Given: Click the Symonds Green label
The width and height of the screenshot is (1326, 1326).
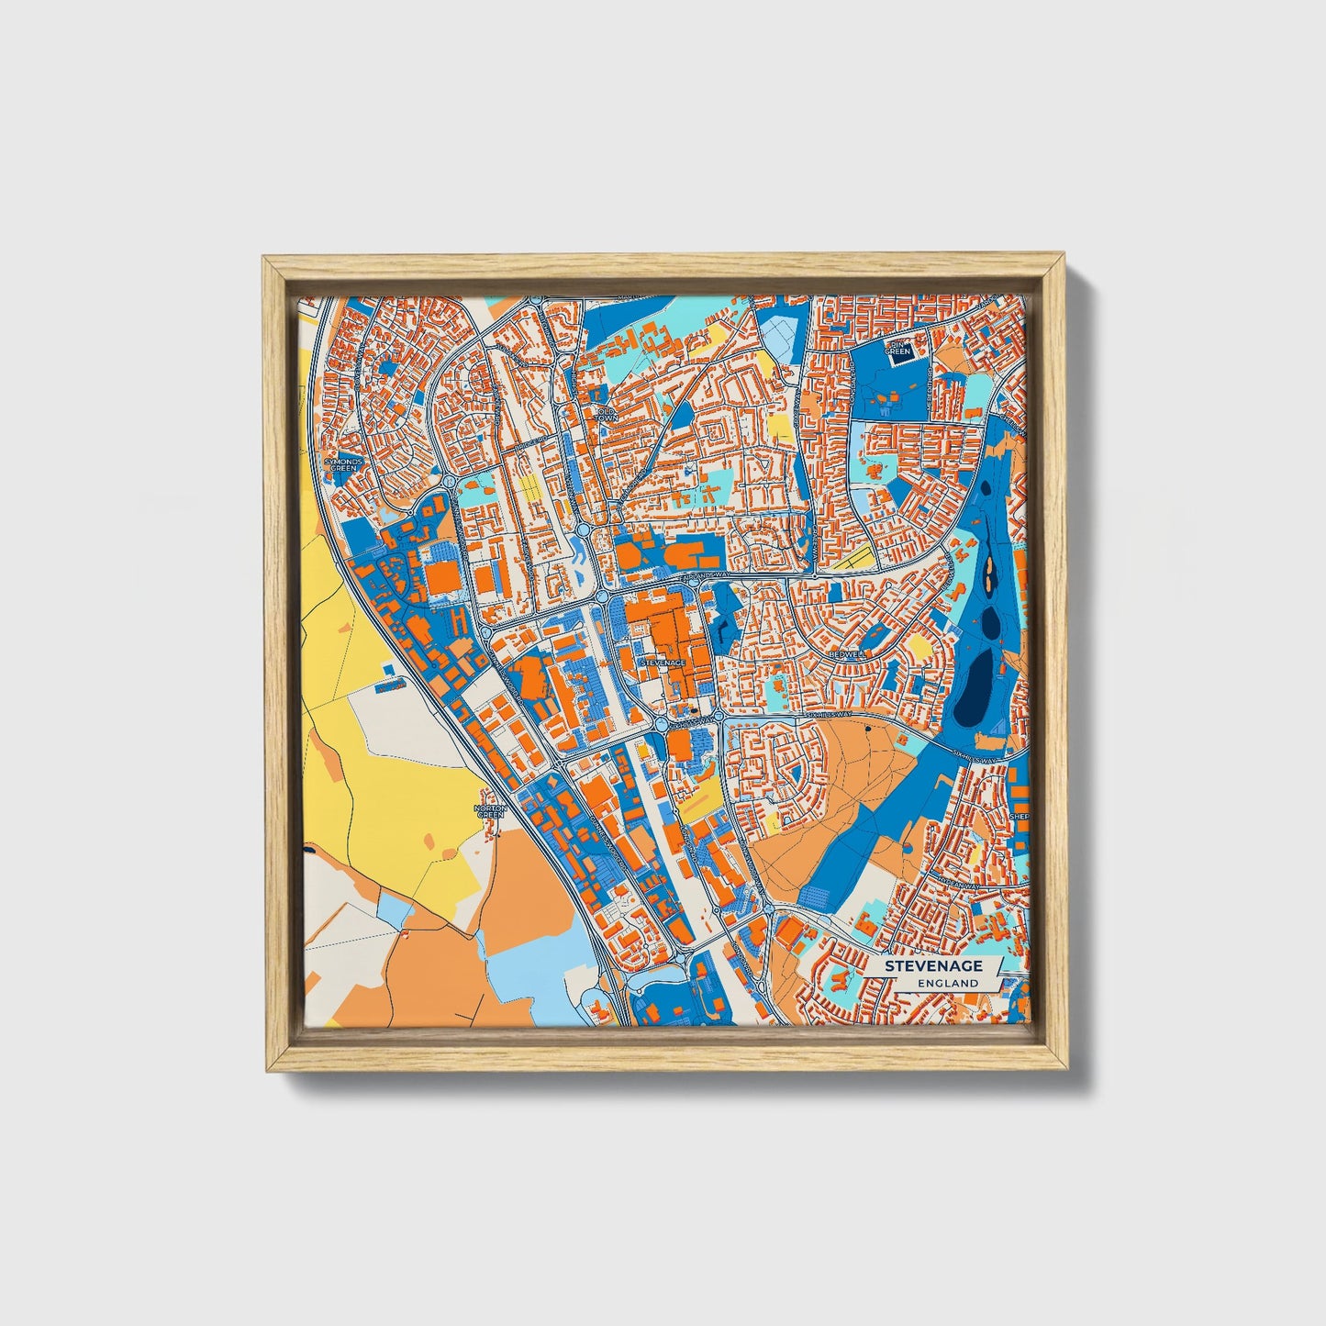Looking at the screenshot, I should [x=342, y=464].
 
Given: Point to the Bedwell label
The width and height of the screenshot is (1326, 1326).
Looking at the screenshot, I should [x=846, y=654].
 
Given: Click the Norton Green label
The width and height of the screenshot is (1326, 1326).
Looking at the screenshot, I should [x=490, y=810].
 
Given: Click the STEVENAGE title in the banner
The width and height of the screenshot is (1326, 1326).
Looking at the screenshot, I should [x=933, y=966].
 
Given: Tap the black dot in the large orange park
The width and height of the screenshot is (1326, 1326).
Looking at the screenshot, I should [x=866, y=730].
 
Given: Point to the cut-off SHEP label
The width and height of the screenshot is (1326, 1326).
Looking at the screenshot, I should [x=1019, y=816].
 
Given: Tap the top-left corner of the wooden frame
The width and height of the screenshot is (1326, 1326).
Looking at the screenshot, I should [x=264, y=259].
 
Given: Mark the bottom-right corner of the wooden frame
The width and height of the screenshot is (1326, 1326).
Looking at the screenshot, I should [x=1068, y=1070].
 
